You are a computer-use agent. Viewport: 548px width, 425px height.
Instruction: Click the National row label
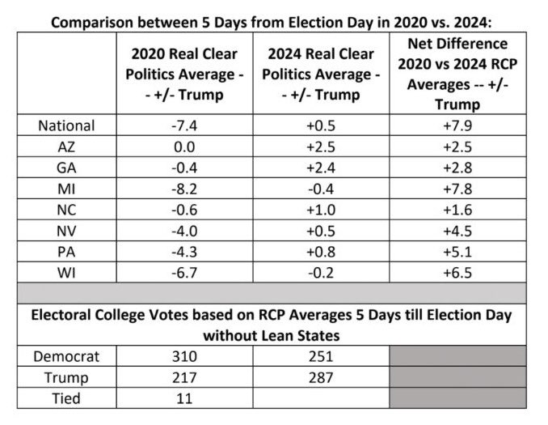[x=67, y=125]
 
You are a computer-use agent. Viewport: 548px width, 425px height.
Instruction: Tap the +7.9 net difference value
[x=457, y=125]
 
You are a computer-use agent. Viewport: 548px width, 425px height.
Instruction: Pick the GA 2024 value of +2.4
[x=321, y=168]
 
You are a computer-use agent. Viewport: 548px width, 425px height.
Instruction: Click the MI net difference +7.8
[x=457, y=189]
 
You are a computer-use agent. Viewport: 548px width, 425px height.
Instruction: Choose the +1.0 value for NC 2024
[x=321, y=209]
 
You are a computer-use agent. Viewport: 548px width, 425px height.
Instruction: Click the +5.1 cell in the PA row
[x=457, y=251]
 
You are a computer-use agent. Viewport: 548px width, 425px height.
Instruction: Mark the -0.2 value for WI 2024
[x=321, y=272]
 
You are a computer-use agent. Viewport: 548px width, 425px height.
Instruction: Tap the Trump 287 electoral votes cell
[x=321, y=377]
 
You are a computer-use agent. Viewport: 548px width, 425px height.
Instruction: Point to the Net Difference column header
[x=457, y=74]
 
